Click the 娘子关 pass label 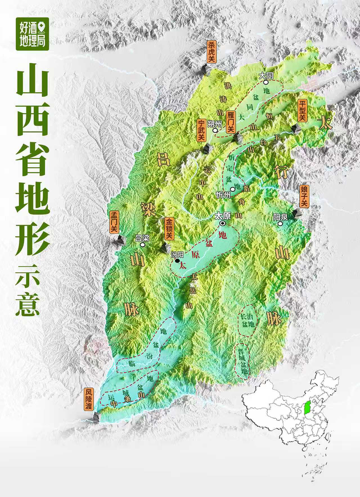[304, 196]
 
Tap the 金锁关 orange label [169, 229]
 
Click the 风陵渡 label [90, 399]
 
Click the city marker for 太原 [222, 223]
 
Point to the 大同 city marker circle [269, 83]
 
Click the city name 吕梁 [142, 239]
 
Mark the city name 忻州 [223, 195]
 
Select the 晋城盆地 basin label [243, 361]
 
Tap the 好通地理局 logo [32, 34]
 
